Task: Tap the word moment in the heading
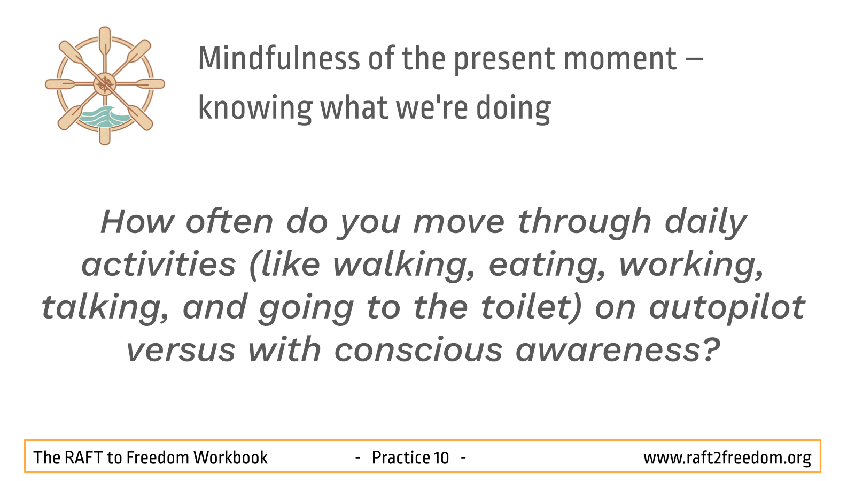pos(620,59)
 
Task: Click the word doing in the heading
pos(514,108)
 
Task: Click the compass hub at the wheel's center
pos(105,84)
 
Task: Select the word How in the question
pos(137,221)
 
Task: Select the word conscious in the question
pos(418,350)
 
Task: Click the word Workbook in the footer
pos(230,457)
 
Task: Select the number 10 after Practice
pos(441,457)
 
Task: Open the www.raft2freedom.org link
pos(727,458)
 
